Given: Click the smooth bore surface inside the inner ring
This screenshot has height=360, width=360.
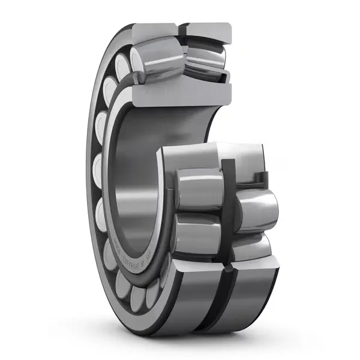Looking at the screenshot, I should pyautogui.click(x=129, y=180).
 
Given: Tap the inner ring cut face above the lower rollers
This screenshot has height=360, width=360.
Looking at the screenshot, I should pyautogui.click(x=198, y=156).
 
